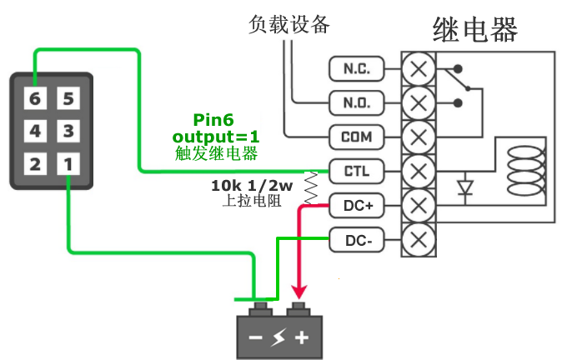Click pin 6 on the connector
click(35, 99)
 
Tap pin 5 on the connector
click(69, 99)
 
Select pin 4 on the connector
click(35, 131)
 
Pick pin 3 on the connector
click(69, 131)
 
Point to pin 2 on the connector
click(35, 162)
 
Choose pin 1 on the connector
click(69, 162)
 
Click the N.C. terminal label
click(357, 68)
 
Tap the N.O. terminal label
click(357, 102)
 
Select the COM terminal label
click(357, 137)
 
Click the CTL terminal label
click(357, 171)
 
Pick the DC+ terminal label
click(357, 205)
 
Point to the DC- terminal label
click(357, 240)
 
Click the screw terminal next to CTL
click(419, 171)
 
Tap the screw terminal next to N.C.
click(419, 68)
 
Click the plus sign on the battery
click(301, 337)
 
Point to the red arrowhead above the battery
click(296, 293)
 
